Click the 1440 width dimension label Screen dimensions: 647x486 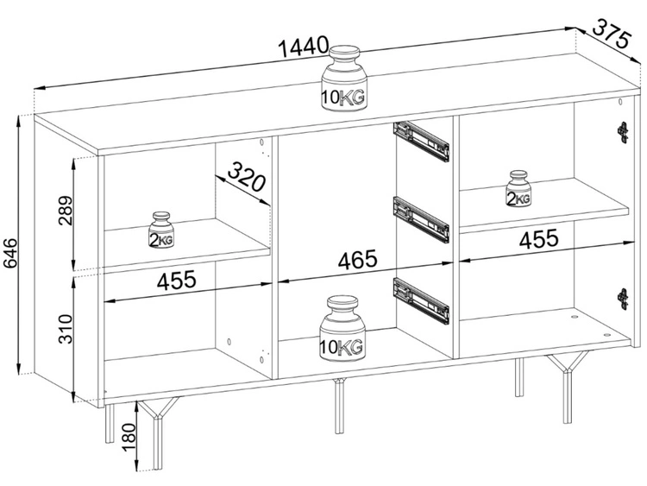click(x=305, y=47)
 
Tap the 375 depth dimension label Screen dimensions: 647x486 click(x=612, y=34)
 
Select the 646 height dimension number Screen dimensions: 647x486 click(x=11, y=253)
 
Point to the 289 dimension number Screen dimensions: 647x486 click(x=66, y=210)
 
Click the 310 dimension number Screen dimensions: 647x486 click(x=66, y=329)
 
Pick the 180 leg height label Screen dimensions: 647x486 click(x=129, y=438)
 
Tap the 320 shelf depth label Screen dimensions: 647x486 click(x=247, y=177)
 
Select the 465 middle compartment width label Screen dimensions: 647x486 click(x=358, y=259)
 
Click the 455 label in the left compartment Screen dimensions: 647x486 click(x=177, y=280)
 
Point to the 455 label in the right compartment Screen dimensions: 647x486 click(x=539, y=239)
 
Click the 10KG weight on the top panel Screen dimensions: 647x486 click(x=344, y=78)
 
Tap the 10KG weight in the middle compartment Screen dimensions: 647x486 click(x=342, y=329)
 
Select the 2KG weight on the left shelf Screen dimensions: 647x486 click(x=161, y=230)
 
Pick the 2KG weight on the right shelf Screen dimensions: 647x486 click(x=519, y=188)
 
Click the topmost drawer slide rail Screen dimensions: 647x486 click(x=421, y=141)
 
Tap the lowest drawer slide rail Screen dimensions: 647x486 click(x=421, y=300)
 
